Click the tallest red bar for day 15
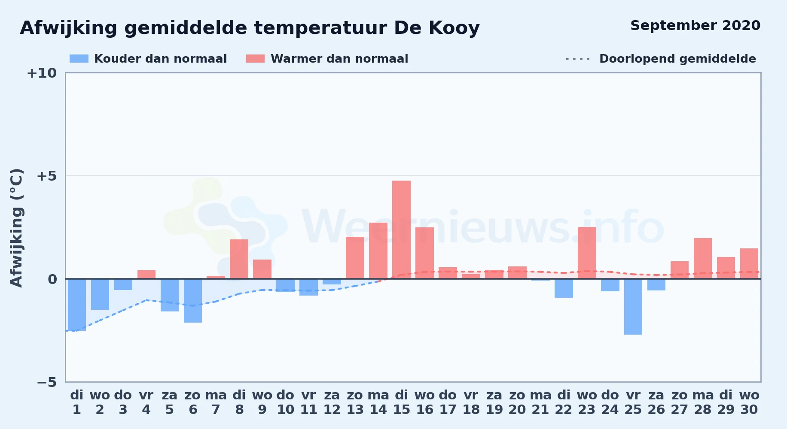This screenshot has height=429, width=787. tap(401, 230)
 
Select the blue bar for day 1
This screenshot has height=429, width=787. tap(77, 305)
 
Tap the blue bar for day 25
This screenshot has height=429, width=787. tap(633, 307)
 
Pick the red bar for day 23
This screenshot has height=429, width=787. tap(587, 253)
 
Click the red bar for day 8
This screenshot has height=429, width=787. tap(239, 259)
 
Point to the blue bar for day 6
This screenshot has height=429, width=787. tap(193, 301)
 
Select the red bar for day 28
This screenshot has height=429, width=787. tap(703, 258)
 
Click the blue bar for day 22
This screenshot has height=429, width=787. tap(564, 288)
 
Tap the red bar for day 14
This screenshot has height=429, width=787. tap(378, 251)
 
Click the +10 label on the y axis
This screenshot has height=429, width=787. tap(42, 73)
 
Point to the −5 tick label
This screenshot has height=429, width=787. tap(46, 382)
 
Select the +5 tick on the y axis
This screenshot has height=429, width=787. tap(46, 176)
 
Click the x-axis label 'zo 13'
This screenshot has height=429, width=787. tap(355, 402)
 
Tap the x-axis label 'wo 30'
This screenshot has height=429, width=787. tap(749, 402)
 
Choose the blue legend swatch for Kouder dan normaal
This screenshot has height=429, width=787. tap(79, 59)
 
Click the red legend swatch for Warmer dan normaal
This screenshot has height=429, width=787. tap(255, 59)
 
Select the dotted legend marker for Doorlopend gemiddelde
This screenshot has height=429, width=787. tap(578, 59)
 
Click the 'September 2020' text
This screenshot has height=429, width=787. tap(695, 26)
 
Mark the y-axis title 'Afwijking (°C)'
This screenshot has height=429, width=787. tap(16, 227)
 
